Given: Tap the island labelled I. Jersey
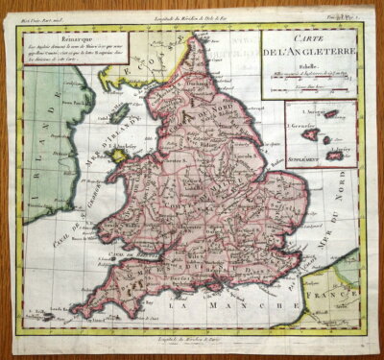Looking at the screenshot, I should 335,154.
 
